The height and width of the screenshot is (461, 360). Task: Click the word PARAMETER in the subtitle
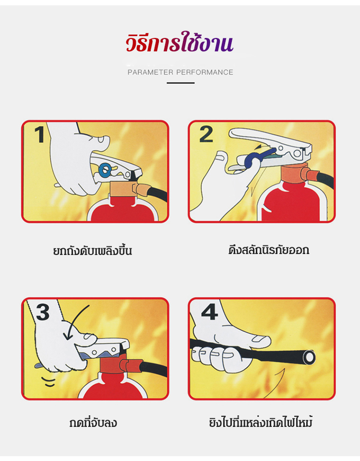[150, 73]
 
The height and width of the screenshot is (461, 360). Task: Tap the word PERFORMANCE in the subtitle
[204, 73]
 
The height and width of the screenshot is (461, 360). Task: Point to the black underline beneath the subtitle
[180, 83]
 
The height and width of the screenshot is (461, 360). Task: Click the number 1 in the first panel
[39, 134]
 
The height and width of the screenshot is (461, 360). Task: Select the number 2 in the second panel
[206, 134]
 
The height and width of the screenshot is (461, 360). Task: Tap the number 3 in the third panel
[43, 312]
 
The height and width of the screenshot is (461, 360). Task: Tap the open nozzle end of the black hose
[309, 357]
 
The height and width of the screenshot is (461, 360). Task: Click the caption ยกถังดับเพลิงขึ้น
[93, 251]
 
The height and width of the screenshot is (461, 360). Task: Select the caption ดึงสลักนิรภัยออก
[269, 250]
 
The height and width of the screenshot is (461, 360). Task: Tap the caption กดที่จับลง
[93, 423]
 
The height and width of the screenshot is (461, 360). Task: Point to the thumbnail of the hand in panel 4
[259, 339]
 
